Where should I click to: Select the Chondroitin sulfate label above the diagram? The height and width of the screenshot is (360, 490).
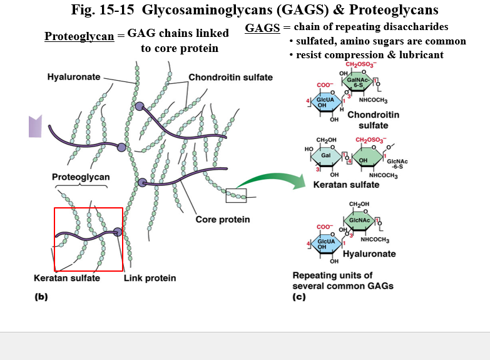click(230, 77)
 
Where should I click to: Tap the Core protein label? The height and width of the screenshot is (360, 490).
click(222, 219)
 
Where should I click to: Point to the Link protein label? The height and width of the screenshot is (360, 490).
click(150, 278)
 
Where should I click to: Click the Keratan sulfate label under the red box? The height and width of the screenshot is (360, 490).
click(67, 278)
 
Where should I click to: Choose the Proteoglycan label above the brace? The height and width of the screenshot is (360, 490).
click(81, 177)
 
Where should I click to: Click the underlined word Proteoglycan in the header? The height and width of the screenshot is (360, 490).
click(79, 36)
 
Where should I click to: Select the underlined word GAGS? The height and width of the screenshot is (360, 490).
click(262, 28)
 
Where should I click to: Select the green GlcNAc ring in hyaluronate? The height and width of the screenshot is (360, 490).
click(359, 221)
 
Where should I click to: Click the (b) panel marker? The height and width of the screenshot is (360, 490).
click(41, 297)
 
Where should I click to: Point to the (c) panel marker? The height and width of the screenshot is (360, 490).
click(299, 297)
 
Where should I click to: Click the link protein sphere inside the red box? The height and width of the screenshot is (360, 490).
click(118, 232)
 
